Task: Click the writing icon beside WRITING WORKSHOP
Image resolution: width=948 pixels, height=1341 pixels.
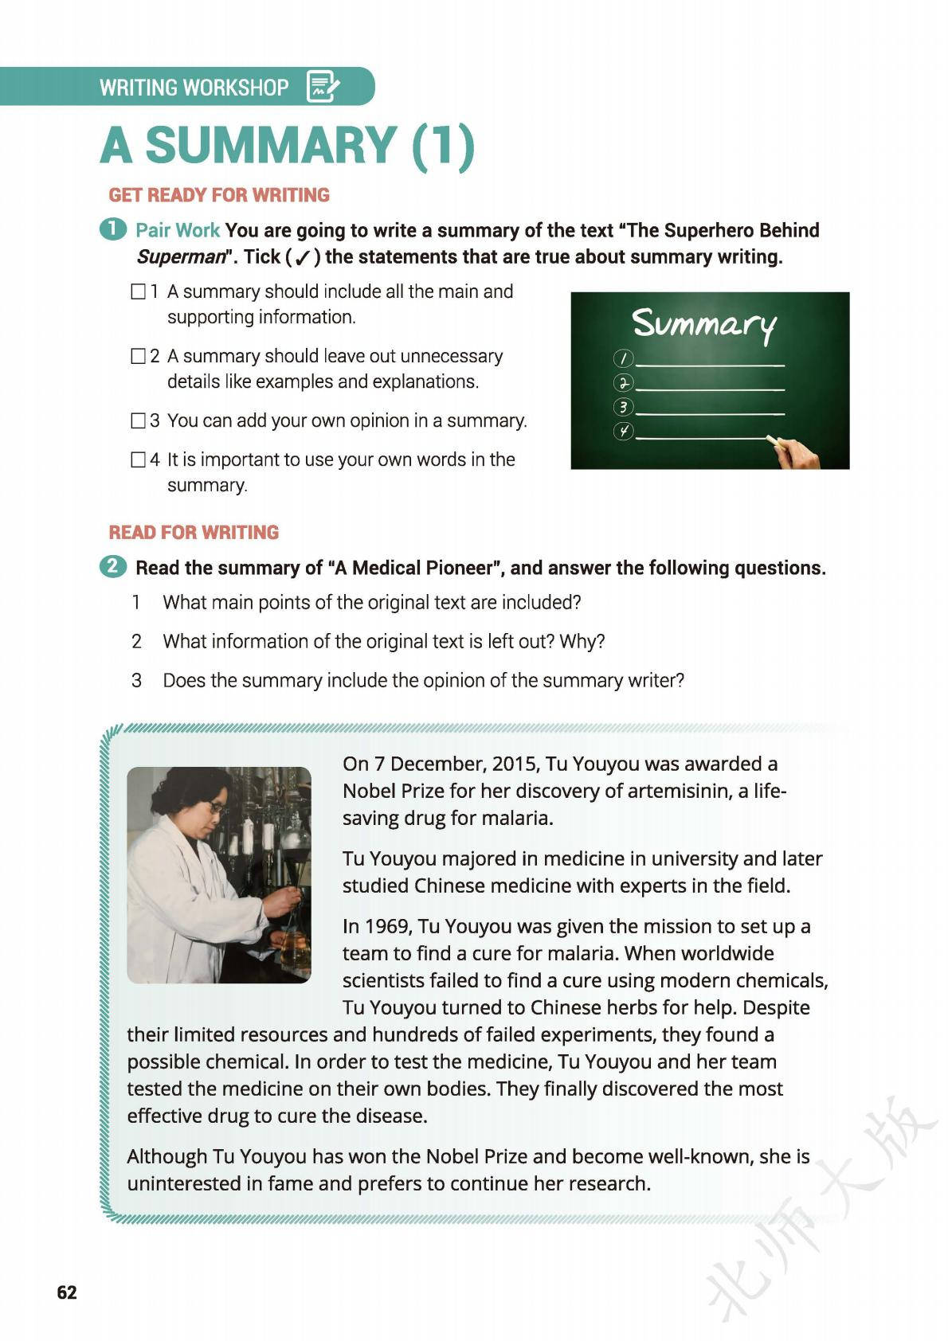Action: tap(323, 86)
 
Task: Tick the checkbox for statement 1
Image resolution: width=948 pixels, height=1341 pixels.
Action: tap(138, 291)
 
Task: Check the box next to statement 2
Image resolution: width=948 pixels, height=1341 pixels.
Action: tap(138, 356)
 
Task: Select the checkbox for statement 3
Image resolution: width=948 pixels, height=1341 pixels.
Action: tap(138, 420)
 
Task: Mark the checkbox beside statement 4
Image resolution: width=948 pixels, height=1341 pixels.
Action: tap(138, 459)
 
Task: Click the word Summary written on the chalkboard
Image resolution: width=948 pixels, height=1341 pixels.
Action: tap(704, 325)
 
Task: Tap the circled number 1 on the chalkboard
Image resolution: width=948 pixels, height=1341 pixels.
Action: tap(624, 358)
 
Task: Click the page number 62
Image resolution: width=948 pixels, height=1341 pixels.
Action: tap(67, 1292)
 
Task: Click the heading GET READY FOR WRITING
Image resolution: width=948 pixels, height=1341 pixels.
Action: tap(219, 195)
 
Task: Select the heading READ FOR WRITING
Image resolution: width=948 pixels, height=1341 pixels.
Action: tap(194, 532)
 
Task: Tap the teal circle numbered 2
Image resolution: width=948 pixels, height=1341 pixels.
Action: tap(113, 567)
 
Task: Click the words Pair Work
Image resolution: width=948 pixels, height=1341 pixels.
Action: tap(177, 230)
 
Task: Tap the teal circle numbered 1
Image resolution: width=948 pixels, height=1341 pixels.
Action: tap(113, 229)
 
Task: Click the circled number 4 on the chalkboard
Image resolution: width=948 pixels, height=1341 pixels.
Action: tap(624, 432)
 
